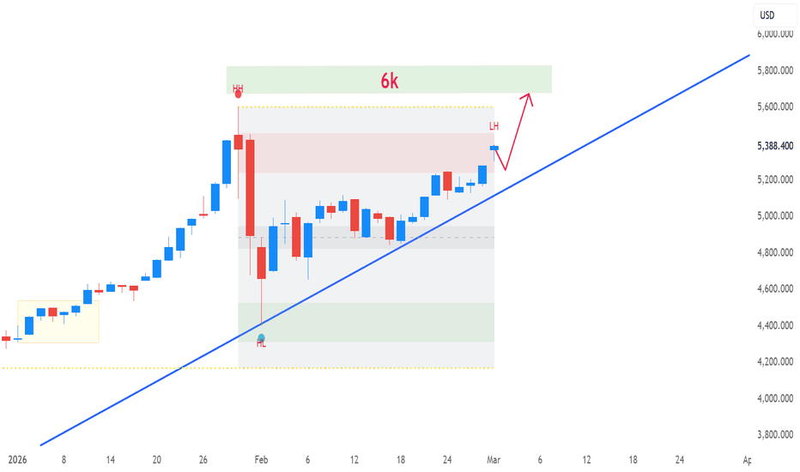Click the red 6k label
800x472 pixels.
coord(390,81)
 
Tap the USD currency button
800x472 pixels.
coord(767,15)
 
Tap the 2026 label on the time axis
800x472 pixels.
coord(17,460)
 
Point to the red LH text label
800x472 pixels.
coord(494,127)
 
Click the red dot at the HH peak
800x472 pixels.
coord(238,94)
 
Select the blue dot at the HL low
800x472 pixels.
coord(261,338)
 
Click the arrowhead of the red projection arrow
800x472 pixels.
coord(530,94)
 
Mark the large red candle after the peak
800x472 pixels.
coord(250,186)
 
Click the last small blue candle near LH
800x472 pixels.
coord(494,148)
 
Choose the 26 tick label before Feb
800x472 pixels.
coord(203,460)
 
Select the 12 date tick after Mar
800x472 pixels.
coord(586,460)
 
